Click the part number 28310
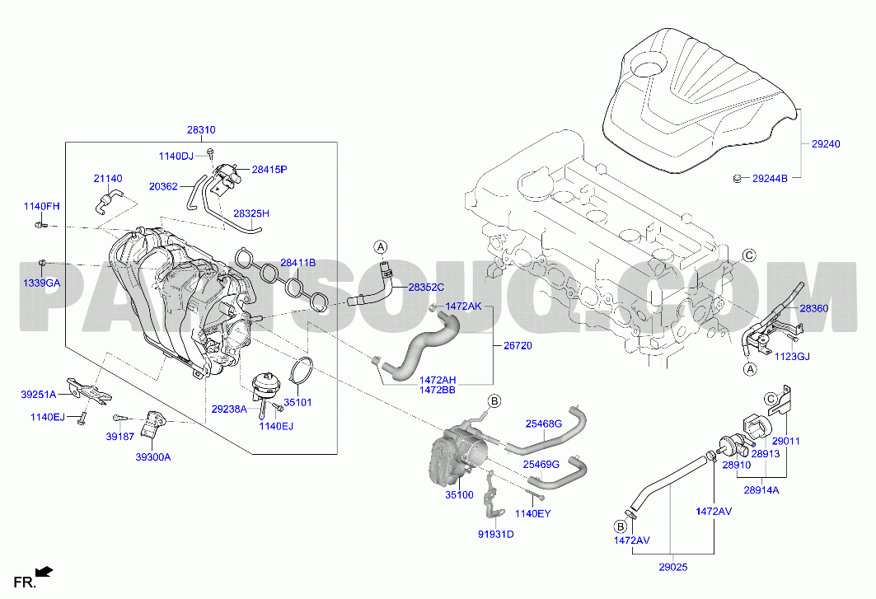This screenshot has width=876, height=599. (x=201, y=130)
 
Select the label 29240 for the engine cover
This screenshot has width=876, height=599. (x=825, y=144)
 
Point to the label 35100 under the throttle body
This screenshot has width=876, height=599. (x=459, y=494)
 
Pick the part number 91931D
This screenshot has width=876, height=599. (x=497, y=534)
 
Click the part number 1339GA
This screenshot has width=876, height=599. (x=41, y=283)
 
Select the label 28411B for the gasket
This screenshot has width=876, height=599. (x=297, y=263)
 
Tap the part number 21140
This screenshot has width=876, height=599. (x=107, y=178)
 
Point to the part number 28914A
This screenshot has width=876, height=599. (x=761, y=489)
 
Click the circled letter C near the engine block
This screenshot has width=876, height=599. (x=749, y=255)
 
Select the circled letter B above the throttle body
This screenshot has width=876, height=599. (x=494, y=401)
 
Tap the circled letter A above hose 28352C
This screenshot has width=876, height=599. (x=381, y=246)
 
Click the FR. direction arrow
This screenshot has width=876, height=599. (x=45, y=570)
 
